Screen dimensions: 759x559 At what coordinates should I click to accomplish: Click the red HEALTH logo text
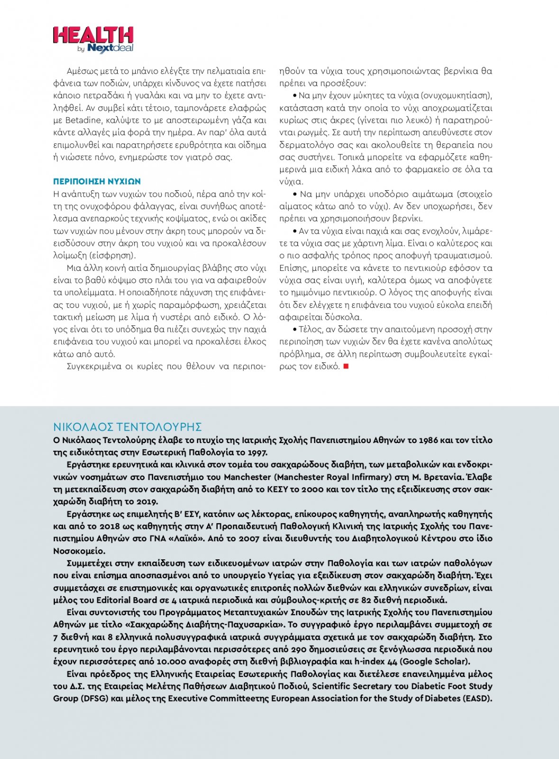tap(93, 35)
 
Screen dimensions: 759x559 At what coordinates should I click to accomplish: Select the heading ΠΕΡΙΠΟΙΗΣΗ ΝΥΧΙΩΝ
tap(97, 182)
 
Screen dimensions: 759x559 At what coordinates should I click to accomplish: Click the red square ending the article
tap(346, 366)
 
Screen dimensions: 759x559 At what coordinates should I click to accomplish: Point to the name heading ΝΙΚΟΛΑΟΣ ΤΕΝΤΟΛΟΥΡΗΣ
tap(128, 426)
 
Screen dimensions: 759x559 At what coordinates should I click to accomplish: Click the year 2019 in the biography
tap(147, 502)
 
